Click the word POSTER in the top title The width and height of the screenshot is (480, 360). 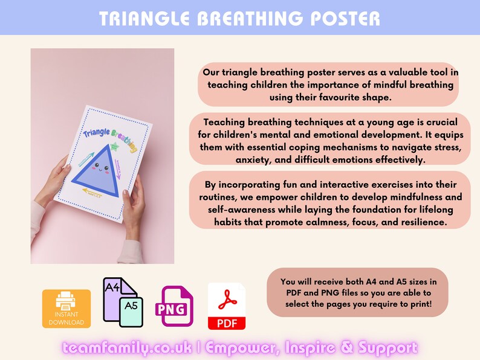pos(345,18)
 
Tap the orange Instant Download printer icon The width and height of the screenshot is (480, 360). pos(66,308)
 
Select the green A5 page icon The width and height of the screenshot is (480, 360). pos(131,311)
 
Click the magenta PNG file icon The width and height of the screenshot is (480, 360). pos(174,306)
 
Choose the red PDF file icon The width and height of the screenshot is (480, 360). pos(227,306)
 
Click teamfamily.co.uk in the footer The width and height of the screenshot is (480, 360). pos(128,347)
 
